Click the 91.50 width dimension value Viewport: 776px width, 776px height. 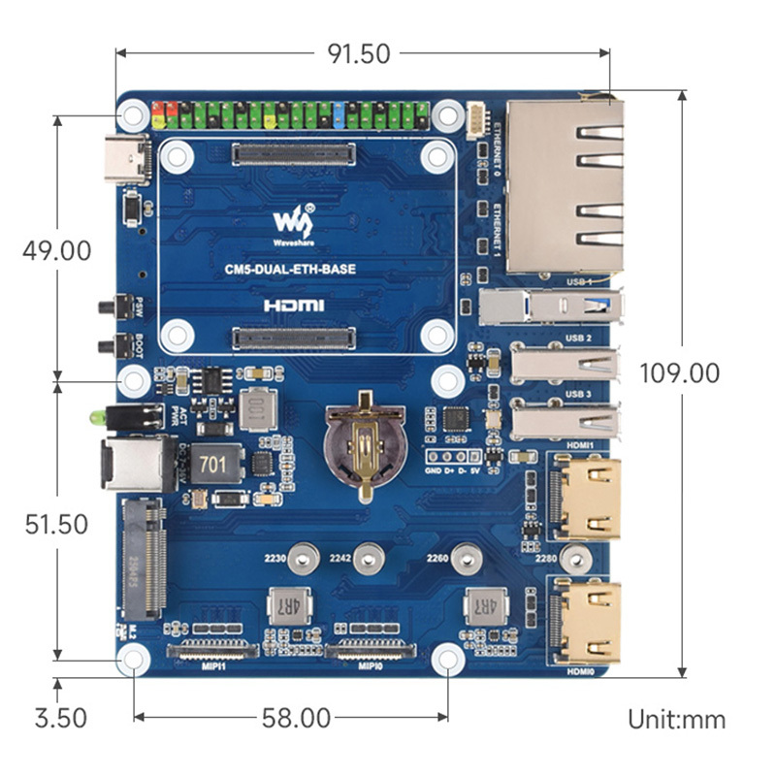point(359,54)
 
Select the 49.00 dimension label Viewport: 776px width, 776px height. point(57,250)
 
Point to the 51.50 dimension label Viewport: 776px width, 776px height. point(57,524)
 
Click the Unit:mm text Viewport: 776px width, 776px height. point(676,720)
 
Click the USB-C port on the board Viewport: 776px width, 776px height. point(131,160)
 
